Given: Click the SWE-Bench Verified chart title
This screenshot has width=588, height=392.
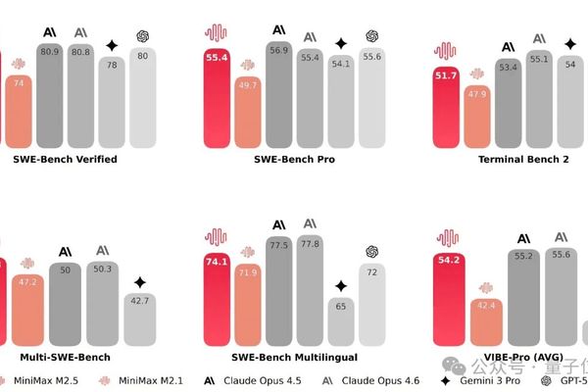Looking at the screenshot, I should [65, 158].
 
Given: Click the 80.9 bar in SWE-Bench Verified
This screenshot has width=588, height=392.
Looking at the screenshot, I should [52, 98].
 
